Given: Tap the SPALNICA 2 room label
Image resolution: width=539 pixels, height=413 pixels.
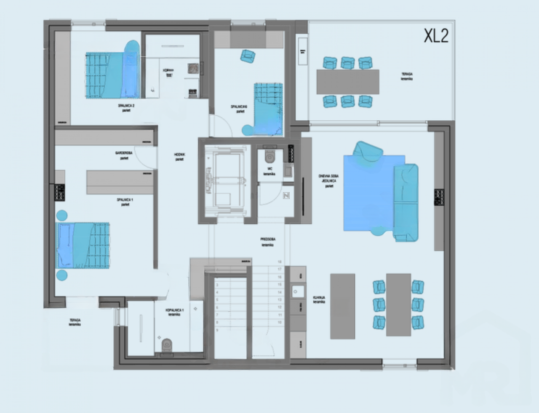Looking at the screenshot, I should pos(126,108).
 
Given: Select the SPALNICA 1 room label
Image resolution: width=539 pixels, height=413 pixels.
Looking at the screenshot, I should pos(125,202).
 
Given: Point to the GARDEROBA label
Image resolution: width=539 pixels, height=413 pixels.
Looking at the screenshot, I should pos(124,156).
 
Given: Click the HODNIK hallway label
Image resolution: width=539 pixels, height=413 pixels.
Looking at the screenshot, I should pos(179,157).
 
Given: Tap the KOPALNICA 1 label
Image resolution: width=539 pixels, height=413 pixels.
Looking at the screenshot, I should pos(174,312).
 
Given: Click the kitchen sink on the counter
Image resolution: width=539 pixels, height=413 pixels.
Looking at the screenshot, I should pos(298,291).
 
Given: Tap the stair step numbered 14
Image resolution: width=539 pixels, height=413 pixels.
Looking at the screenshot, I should pos(279,292).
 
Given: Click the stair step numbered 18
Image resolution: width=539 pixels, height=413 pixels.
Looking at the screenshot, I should pos(279,262).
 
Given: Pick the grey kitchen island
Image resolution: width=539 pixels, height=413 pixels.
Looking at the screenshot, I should pos(342,306).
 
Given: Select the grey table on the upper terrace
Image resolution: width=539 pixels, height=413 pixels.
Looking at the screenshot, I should pos(348,82).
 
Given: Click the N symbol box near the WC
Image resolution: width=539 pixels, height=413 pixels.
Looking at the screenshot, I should pos(286,196).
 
